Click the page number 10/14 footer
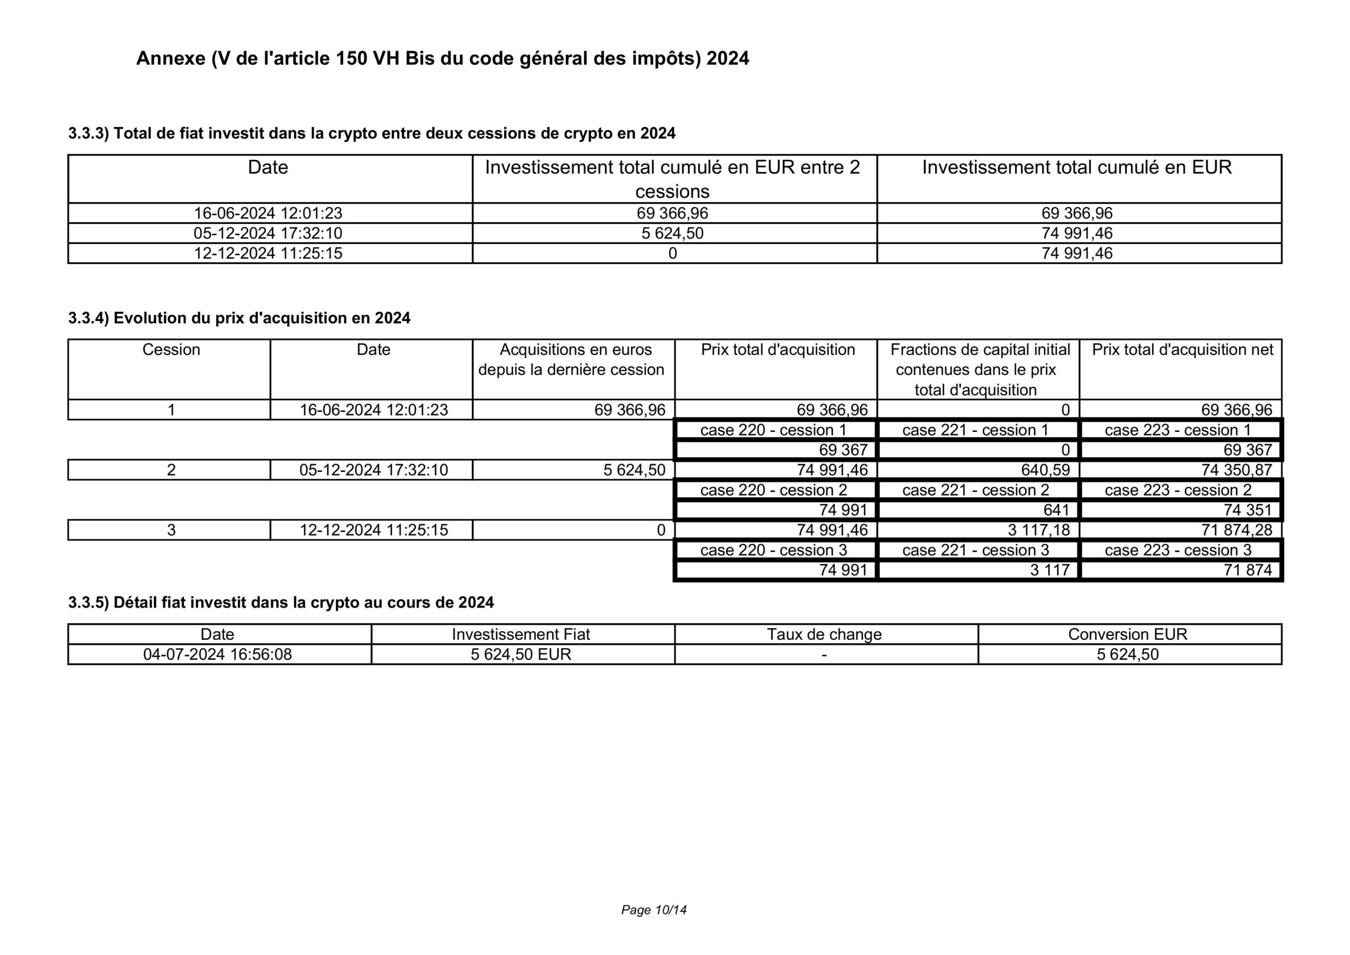pyautogui.click(x=654, y=910)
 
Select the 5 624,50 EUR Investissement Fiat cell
pyautogui.click(x=520, y=654)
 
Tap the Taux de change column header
pyautogui.click(x=824, y=634)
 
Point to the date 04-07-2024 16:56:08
pyautogui.click(x=218, y=654)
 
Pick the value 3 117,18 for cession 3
pyautogui.click(x=1038, y=530)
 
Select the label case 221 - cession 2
pyautogui.click(x=976, y=490)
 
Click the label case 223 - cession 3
pyautogui.click(x=1178, y=550)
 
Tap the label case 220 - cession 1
pyautogui.click(x=773, y=430)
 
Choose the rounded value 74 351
pyautogui.click(x=1248, y=510)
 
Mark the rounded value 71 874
pyautogui.click(x=1248, y=570)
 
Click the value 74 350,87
pyautogui.click(x=1237, y=470)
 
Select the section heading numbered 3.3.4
pyautogui.click(x=239, y=318)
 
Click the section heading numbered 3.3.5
pyautogui.click(x=281, y=602)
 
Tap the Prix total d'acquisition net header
pyautogui.click(x=1182, y=350)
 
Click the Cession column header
pyautogui.click(x=171, y=350)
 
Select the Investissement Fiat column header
pyautogui.click(x=520, y=634)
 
